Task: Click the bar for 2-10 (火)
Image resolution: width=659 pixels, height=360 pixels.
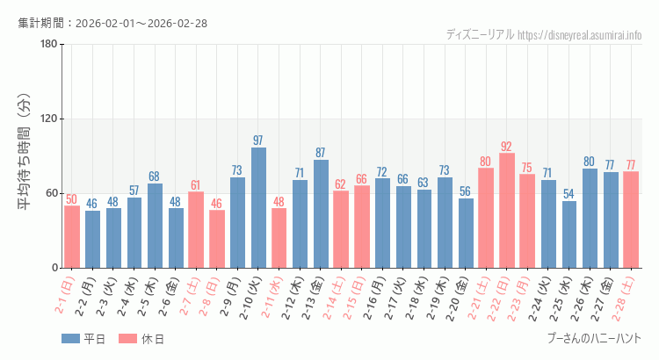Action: (x=258, y=208)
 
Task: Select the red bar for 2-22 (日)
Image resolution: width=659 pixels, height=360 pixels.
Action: (x=507, y=211)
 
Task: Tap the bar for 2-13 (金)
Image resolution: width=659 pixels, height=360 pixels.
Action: (x=321, y=214)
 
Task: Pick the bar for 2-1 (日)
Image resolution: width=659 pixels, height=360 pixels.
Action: (x=72, y=237)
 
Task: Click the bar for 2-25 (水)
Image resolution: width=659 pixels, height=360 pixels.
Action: (x=569, y=234)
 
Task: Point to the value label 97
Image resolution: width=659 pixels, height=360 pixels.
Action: (x=258, y=140)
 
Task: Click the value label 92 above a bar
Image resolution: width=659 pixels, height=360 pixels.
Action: (x=507, y=147)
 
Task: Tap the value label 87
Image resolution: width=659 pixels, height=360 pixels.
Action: (x=321, y=153)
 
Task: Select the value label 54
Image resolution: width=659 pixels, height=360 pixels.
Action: (x=569, y=194)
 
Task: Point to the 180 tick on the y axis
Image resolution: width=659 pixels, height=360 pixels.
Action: (x=48, y=45)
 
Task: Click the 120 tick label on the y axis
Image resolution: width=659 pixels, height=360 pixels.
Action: (x=48, y=119)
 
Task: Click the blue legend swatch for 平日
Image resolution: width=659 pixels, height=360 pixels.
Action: (x=70, y=339)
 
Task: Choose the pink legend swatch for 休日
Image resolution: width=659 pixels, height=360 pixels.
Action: (x=127, y=339)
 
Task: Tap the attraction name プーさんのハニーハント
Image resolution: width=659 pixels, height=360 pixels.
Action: (x=594, y=338)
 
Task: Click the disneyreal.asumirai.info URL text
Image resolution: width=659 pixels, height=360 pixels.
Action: (x=580, y=35)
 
